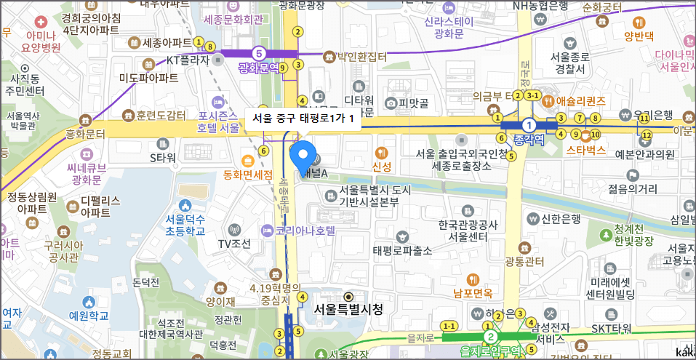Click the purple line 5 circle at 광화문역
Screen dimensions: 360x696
(258, 53)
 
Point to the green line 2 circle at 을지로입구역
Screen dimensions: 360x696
(491, 337)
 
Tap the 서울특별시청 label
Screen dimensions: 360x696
(348, 309)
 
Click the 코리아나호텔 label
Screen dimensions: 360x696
(305, 231)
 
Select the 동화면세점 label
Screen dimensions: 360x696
(247, 175)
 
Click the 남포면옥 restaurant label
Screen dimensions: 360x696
(473, 293)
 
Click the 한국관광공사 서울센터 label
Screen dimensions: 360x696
(468, 231)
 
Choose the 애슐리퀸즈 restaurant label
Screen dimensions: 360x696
(580, 100)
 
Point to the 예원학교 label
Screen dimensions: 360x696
(89, 316)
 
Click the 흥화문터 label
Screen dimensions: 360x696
(86, 134)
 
